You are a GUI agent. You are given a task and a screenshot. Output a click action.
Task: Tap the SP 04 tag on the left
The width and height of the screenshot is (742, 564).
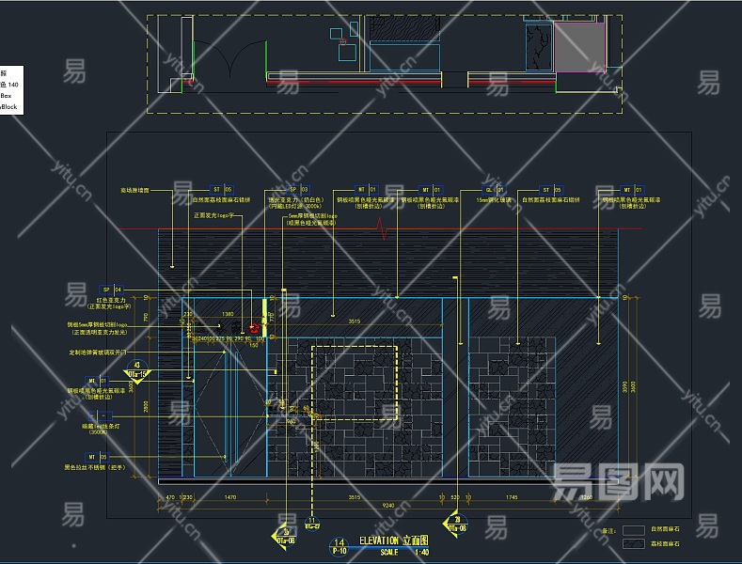coord(113,290)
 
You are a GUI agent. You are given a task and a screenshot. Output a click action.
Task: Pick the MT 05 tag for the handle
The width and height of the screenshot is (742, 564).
coord(111,457)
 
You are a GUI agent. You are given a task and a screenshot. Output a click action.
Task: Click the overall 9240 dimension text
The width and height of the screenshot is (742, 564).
coord(387,506)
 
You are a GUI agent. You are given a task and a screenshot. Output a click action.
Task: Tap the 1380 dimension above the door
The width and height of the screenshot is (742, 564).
coord(227,314)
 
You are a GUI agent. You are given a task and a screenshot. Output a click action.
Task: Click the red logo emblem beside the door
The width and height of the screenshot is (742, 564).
coord(254,328)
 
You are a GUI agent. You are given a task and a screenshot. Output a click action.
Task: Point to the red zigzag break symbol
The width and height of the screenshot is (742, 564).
coord(383,227)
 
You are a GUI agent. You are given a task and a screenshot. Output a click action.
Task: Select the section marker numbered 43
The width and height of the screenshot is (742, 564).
coord(138,368)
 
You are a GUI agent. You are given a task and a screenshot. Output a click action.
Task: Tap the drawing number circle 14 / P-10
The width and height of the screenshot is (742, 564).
coord(339,547)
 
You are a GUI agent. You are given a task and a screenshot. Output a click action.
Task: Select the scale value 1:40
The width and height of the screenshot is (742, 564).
coord(420,552)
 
